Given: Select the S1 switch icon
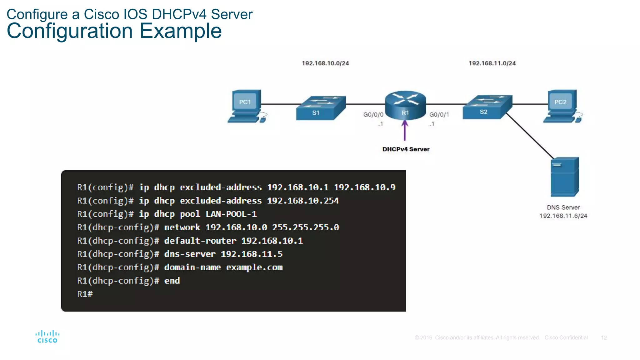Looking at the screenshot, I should (x=321, y=108).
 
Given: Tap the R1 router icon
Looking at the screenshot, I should (x=405, y=105).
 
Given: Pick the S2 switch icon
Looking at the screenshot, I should (x=487, y=107).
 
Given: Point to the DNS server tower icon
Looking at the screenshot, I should (x=565, y=177).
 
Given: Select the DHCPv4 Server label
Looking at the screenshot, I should (x=406, y=149).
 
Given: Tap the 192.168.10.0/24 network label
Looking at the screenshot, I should (x=325, y=63).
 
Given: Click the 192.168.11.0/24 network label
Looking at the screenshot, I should (x=492, y=63).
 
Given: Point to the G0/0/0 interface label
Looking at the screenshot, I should (x=373, y=115).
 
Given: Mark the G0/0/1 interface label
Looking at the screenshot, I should (x=439, y=115).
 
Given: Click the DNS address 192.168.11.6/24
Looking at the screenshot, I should (x=563, y=216).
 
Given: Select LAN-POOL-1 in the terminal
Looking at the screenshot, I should (x=231, y=214).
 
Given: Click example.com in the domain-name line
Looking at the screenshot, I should (x=254, y=267).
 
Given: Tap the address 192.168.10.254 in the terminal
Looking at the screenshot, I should (x=303, y=201).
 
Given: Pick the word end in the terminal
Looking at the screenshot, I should (x=172, y=281).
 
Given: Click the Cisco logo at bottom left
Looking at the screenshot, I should (x=47, y=337).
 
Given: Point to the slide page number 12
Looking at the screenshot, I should (x=604, y=338).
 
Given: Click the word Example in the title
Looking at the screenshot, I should (x=180, y=31).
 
